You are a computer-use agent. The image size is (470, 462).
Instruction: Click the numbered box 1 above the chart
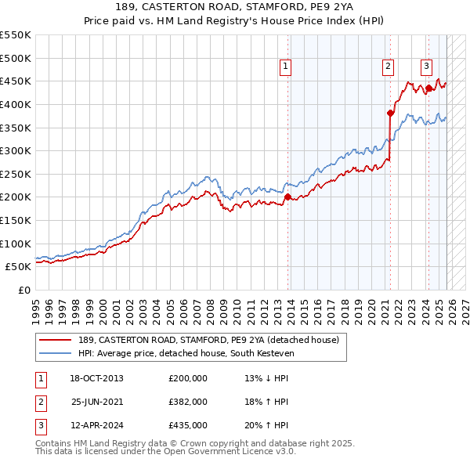click(x=286, y=67)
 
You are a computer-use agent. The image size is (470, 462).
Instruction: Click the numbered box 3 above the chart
click(x=426, y=67)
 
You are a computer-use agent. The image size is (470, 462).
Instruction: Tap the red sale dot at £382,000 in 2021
click(x=390, y=113)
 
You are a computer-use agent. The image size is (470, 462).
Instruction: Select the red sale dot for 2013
click(x=287, y=197)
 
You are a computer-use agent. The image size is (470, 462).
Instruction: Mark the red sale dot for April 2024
click(x=428, y=88)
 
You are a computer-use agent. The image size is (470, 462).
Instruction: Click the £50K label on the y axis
click(x=19, y=266)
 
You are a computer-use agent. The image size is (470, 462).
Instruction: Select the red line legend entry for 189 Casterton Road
click(x=208, y=340)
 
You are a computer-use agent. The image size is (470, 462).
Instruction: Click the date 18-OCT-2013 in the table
click(x=97, y=378)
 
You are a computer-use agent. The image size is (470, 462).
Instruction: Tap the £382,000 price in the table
click(x=188, y=402)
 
